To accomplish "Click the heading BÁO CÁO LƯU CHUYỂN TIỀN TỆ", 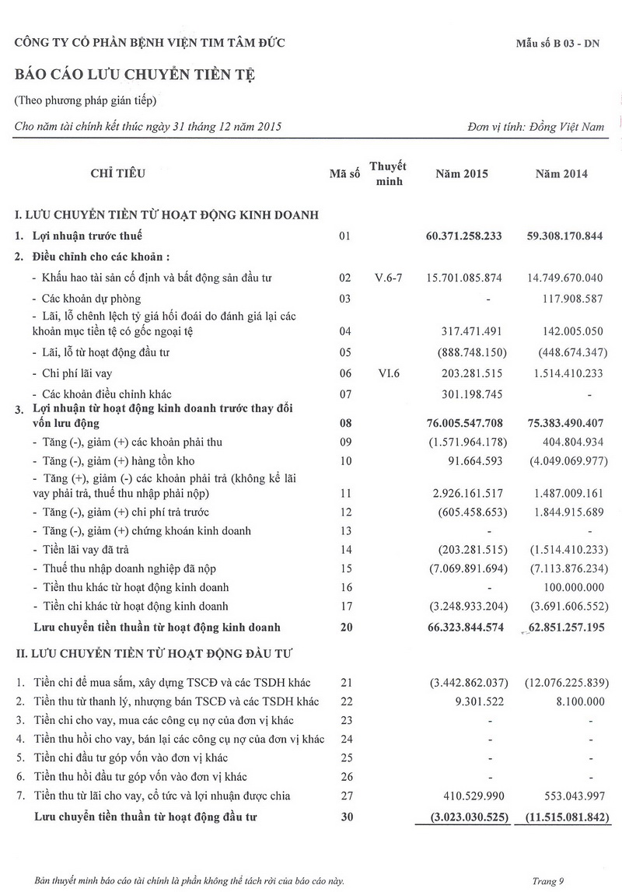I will click(135, 75).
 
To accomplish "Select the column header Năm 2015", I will click(462, 173).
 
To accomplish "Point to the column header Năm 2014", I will click(561, 173).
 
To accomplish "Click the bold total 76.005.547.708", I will click(465, 423).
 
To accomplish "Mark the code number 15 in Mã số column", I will click(346, 568).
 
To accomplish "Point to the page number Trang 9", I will click(548, 881).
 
